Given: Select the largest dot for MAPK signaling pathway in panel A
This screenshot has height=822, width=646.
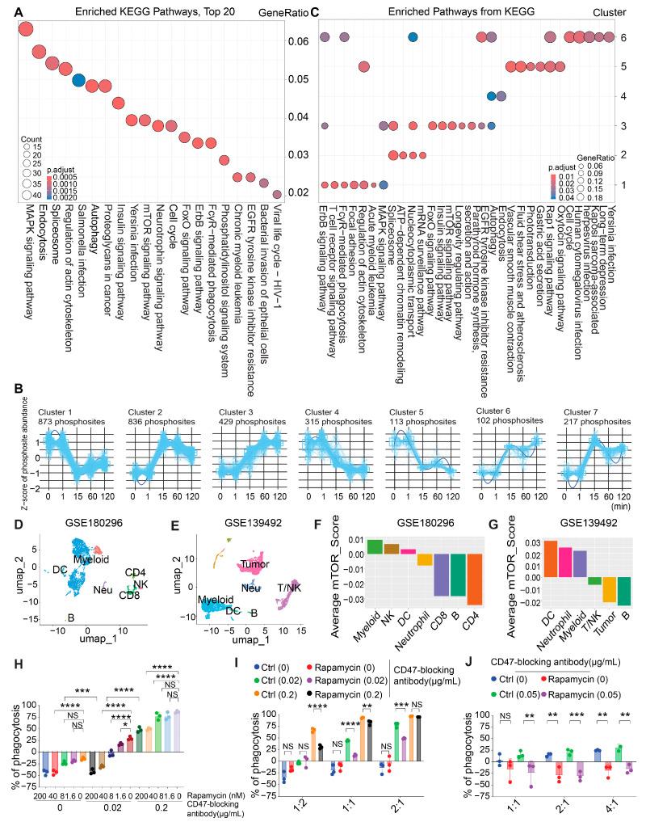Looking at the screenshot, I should coord(25,30).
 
